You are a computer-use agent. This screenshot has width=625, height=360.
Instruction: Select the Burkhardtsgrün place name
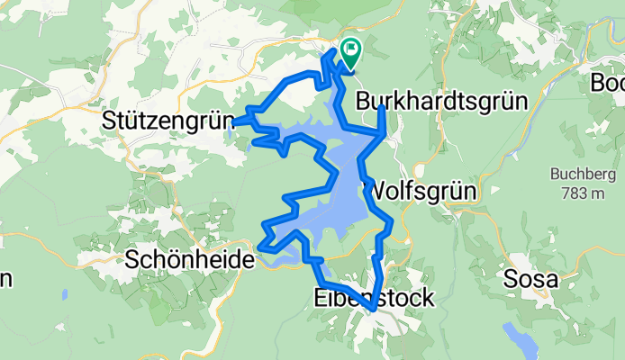tap(440, 102)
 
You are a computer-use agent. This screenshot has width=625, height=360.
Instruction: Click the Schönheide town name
tap(191, 260)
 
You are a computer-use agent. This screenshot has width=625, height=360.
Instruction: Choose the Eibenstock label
tap(372, 297)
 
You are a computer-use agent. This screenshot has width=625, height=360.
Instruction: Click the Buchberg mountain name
tap(581, 174)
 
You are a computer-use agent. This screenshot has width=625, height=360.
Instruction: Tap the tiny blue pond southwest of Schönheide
tap(64, 294)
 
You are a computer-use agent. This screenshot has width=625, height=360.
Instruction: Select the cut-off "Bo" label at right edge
tap(607, 83)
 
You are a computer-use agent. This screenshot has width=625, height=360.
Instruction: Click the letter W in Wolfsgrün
tap(373, 190)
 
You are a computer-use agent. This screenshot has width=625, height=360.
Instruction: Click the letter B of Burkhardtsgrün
tap(364, 102)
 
